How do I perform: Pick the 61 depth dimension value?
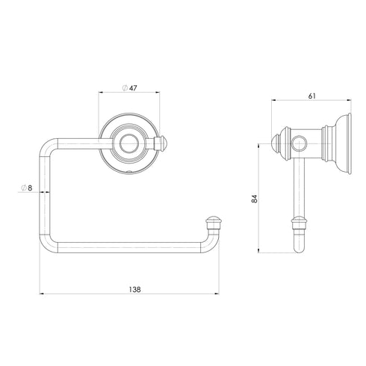(x=311, y=95)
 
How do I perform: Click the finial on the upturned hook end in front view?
(x=214, y=221)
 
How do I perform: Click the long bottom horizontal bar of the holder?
(x=127, y=255)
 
